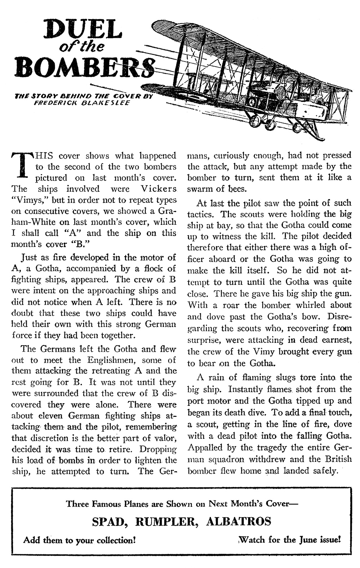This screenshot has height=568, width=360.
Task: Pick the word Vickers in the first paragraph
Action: [x=159, y=189]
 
